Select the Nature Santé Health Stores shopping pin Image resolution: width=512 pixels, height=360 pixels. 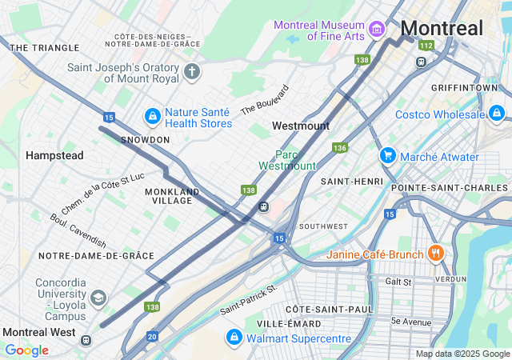pos(151,117)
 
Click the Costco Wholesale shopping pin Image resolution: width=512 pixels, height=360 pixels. pos(498,114)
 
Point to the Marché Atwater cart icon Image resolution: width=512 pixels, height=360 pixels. pos(388,156)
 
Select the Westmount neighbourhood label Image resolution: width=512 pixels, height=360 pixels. pos(300,126)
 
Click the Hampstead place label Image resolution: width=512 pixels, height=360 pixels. pos(54,155)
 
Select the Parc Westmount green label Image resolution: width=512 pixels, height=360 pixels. pos(287,160)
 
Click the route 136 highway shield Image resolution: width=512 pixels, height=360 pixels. pos(340,148)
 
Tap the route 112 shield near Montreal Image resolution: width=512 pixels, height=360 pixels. pos(425,46)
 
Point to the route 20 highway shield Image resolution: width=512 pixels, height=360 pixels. pos(152,337)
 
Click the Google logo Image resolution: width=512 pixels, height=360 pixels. pos(26,350)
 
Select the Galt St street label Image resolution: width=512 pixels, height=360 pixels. pos(398,282)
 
